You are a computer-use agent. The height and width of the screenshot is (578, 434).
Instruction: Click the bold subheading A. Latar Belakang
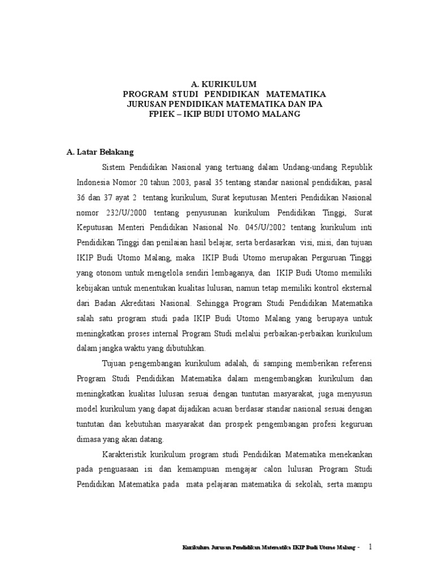(99, 152)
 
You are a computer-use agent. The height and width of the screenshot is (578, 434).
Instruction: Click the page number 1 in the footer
(370, 547)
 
